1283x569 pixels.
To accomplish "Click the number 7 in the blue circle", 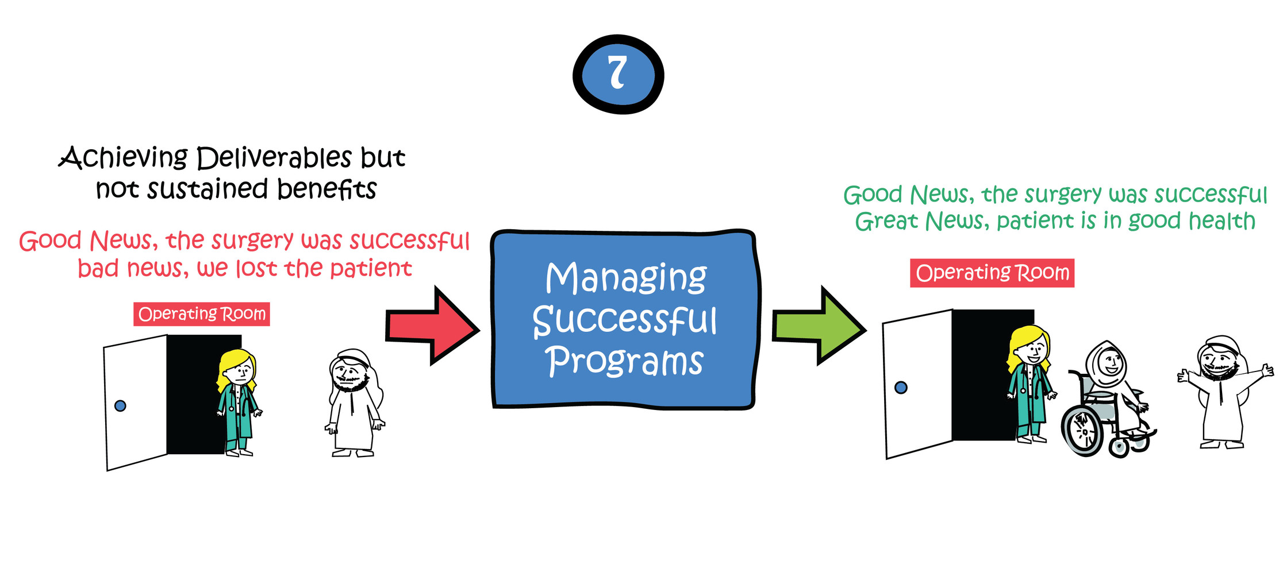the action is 617,73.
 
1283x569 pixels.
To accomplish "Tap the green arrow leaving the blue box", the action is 819,326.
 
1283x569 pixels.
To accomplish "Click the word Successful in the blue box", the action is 625,320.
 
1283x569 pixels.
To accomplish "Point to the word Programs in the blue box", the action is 625,361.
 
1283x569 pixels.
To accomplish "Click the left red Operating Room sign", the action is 202,314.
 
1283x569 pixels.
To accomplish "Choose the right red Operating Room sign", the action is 992,273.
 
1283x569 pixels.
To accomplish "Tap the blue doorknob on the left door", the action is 120,406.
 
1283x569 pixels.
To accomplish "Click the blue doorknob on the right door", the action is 901,388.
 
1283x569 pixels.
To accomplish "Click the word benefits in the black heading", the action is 326,189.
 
